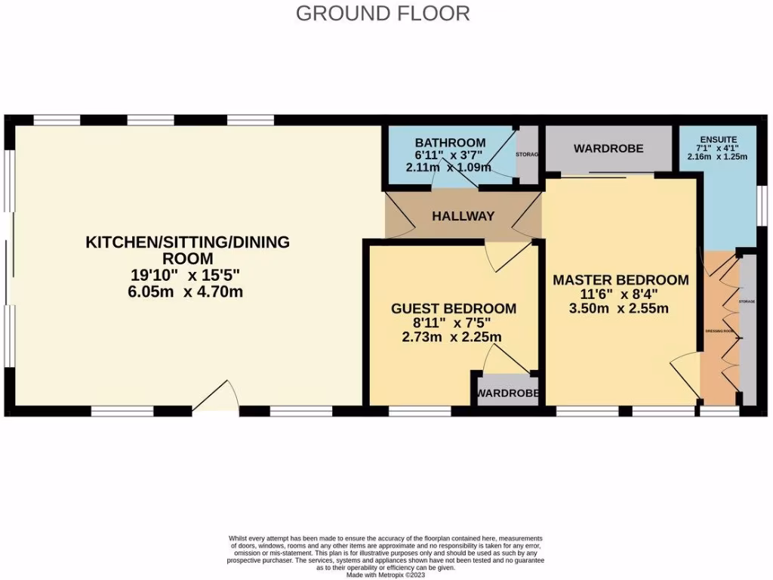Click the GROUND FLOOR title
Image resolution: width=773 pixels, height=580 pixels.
[x=383, y=13]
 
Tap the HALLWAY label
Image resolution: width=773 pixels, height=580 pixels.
[x=463, y=216]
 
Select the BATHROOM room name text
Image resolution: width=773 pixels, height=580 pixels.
[x=450, y=143]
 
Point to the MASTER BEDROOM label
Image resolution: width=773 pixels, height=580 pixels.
[x=621, y=279]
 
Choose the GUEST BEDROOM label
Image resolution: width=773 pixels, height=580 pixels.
[x=454, y=308]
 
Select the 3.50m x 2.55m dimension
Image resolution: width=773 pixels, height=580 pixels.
[x=621, y=308]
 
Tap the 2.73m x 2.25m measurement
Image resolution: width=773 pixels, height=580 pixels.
[x=454, y=337]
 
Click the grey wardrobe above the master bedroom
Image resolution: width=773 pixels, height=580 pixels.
[x=608, y=149]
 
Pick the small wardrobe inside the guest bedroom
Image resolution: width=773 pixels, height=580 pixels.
[x=507, y=393]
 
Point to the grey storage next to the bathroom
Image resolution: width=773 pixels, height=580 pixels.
[x=528, y=155]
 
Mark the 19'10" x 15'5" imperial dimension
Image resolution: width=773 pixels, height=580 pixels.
[x=187, y=275]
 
